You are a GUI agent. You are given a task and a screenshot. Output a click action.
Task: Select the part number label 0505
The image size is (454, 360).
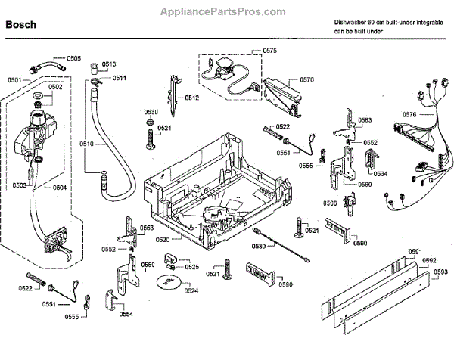click(73, 58)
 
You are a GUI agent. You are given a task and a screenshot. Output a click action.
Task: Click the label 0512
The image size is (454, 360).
click(191, 98)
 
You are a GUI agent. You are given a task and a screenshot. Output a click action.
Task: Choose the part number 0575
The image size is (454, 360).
click(270, 50)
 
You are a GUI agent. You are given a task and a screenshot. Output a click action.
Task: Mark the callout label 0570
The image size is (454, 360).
click(306, 79)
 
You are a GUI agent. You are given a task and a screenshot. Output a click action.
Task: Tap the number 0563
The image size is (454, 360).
click(365, 120)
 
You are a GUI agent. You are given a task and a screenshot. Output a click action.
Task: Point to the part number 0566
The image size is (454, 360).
click(331, 203)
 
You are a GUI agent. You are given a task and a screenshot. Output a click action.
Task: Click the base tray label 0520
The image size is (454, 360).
click(163, 239)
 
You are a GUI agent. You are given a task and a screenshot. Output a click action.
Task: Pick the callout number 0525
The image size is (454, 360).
click(192, 267)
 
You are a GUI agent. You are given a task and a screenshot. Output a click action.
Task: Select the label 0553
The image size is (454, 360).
click(147, 228)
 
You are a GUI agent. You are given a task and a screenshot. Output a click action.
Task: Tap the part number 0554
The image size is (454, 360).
click(126, 314)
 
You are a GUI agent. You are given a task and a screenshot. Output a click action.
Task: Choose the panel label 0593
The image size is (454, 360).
click(441, 271)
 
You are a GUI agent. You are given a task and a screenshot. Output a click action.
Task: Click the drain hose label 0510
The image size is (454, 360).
click(86, 144)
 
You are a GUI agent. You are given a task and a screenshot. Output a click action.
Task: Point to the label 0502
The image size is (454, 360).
click(56, 87)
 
